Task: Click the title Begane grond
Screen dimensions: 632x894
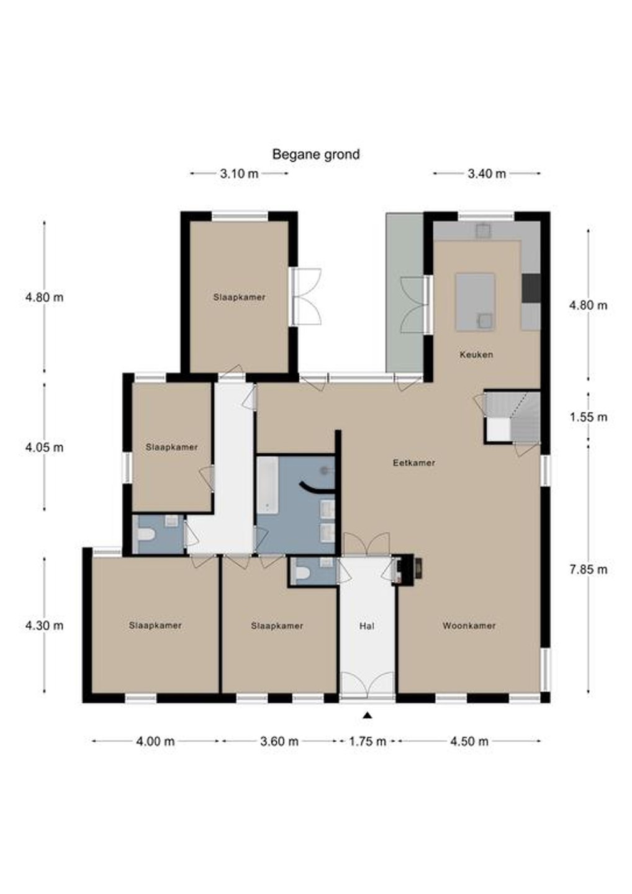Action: click(315, 154)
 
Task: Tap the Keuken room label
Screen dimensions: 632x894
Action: click(476, 354)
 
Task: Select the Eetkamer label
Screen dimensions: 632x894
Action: click(413, 463)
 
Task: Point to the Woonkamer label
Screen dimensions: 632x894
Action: click(469, 626)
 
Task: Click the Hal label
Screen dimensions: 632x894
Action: click(367, 626)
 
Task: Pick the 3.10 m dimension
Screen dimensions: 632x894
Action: click(239, 174)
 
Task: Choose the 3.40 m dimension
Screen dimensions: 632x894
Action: click(487, 174)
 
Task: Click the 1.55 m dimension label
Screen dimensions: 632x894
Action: click(589, 417)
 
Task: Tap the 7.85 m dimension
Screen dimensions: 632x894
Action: click(589, 569)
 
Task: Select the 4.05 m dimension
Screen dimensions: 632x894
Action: click(44, 448)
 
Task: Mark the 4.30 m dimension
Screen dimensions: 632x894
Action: click(44, 625)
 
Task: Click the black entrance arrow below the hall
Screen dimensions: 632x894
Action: click(368, 716)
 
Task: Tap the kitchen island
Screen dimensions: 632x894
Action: click(476, 302)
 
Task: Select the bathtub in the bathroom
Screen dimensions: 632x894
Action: click(268, 485)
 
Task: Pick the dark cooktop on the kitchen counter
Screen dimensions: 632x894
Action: click(531, 288)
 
